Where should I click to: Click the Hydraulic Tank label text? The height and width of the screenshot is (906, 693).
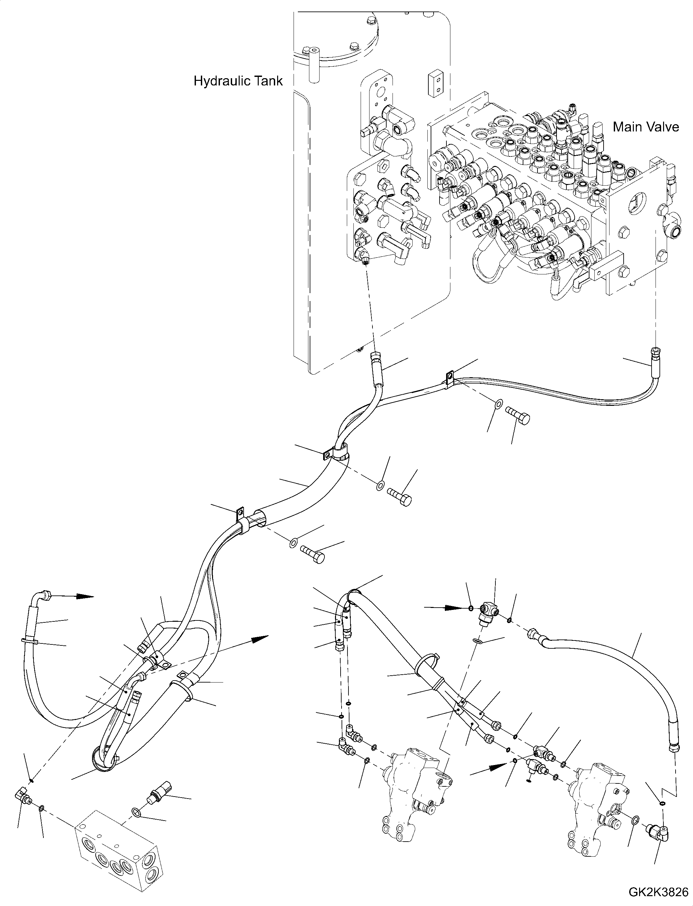tap(238, 81)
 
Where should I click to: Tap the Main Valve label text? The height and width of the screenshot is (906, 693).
tap(646, 127)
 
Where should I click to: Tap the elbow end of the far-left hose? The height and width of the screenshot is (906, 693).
tap(44, 596)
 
